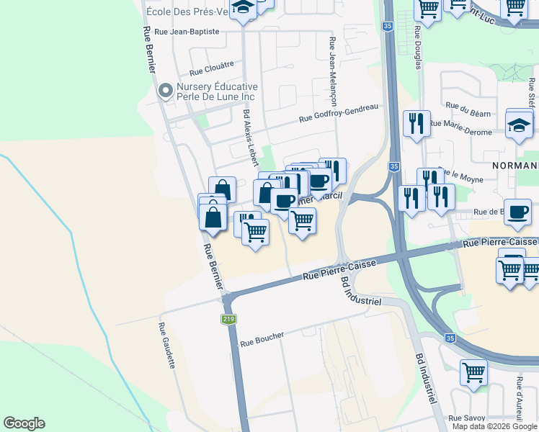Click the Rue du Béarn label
[462, 107]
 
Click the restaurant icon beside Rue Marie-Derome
[416, 123]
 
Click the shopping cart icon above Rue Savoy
[473, 373]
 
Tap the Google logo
[24, 423]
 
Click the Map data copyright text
[495, 426]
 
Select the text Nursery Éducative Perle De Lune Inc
[217, 91]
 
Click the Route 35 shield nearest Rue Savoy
[450, 338]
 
